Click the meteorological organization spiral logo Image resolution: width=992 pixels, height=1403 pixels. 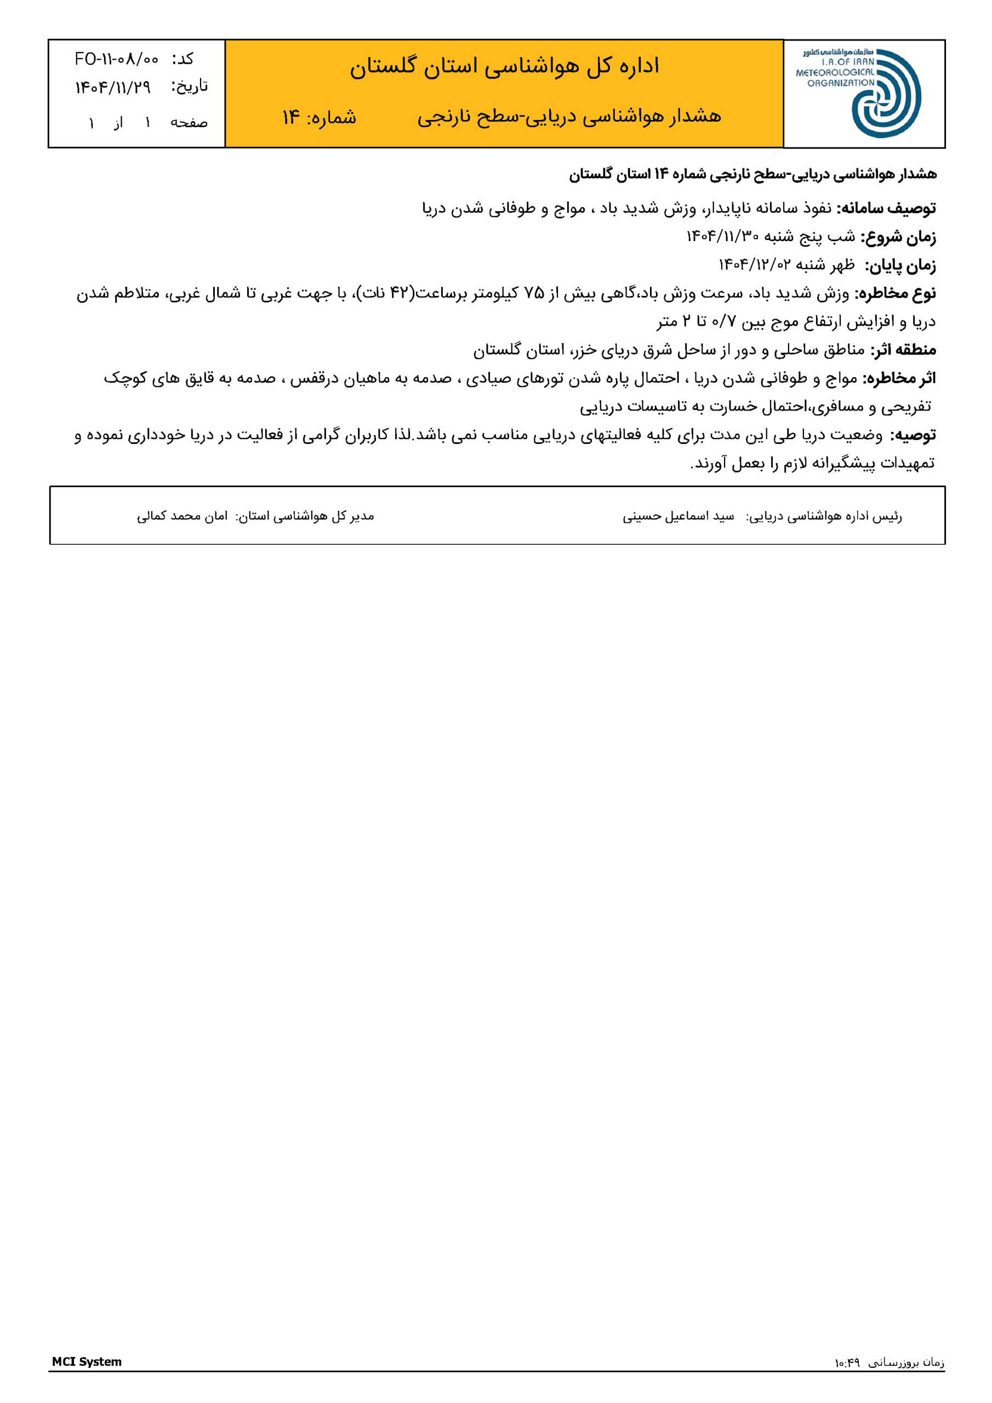pos(886,94)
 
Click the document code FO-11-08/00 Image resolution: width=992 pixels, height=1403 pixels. pos(117,59)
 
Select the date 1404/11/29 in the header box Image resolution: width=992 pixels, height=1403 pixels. pos(113,87)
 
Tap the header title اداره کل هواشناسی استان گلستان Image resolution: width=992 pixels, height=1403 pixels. pos(504,66)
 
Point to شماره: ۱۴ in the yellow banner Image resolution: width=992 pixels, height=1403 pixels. pos(319,117)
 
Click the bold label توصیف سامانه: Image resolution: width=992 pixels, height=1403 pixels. pos(886,208)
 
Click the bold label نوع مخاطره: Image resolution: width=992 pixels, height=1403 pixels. pos(895,293)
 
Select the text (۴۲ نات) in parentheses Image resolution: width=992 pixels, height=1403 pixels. pos(386,293)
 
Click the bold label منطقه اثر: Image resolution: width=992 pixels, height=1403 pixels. pos(903,350)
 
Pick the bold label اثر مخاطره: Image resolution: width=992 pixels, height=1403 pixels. pos(898,378)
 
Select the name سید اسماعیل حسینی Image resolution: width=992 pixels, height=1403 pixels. pos(678,516)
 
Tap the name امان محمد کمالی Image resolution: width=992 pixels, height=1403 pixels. pos(182,516)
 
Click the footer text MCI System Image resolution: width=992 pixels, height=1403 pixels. pos(87,1361)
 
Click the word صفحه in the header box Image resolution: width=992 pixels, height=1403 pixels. pos(189,123)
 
